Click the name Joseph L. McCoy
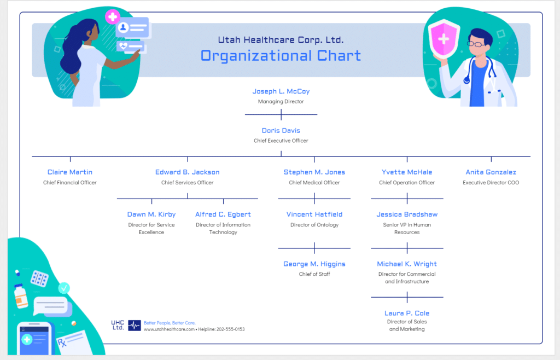(281, 91)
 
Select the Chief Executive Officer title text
(281, 141)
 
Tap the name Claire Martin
(70, 172)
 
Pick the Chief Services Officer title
(187, 183)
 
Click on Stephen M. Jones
(314, 172)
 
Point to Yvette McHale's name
(407, 172)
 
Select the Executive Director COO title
(491, 183)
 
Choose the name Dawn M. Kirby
(151, 214)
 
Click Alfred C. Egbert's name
(223, 214)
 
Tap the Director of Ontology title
(314, 225)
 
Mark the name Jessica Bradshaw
(407, 214)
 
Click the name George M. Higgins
(314, 264)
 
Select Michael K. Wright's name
(407, 264)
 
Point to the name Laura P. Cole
(407, 313)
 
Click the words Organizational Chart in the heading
(281, 56)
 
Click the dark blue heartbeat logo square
(135, 326)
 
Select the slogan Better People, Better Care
(170, 323)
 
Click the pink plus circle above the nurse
(113, 16)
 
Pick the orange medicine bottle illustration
(21, 296)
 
